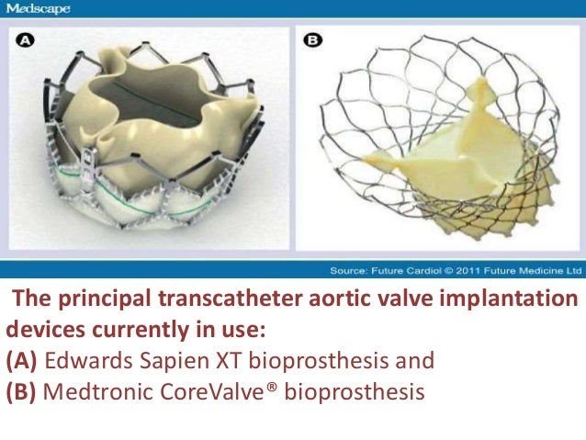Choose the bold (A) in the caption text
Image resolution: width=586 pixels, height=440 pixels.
pos(22,359)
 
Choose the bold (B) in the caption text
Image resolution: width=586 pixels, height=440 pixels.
pos(22,390)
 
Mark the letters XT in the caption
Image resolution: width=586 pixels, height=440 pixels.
pos(235,359)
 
